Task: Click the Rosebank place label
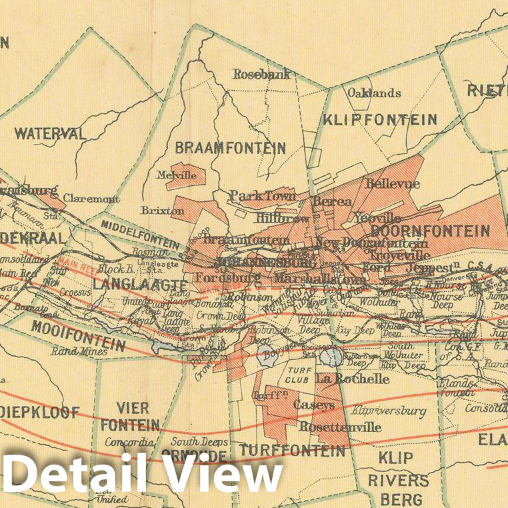261,75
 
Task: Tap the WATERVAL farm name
51,133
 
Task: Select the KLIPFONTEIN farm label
379,120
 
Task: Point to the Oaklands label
374,93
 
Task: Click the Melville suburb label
176,175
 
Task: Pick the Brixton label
163,211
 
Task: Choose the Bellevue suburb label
393,183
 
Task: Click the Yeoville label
377,218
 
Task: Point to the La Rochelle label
352,379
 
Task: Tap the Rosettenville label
340,427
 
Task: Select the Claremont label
91,199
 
